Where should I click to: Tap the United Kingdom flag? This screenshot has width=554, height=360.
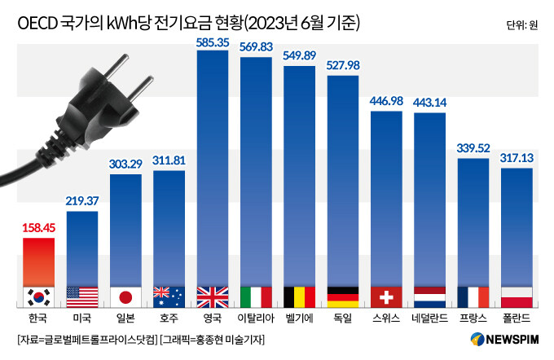213,296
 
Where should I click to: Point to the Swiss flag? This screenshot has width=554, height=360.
386,296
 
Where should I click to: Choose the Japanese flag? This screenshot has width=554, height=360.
125,296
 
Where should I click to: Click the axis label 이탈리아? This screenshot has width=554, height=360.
256,318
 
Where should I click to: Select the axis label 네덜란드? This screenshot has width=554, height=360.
429,318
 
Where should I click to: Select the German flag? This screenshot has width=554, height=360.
343,296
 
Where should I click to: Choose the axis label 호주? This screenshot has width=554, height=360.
169,318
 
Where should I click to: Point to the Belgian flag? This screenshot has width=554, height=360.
299,296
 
